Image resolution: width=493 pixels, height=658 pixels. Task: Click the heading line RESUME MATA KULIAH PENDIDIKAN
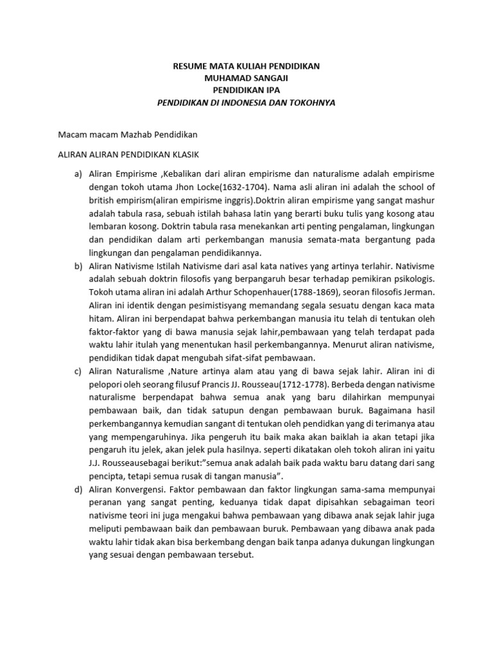(x=247, y=66)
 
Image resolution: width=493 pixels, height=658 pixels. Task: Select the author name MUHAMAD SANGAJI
(x=247, y=78)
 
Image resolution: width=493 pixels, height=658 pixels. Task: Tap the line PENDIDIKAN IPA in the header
(x=247, y=90)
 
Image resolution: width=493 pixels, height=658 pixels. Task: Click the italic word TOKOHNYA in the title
(x=312, y=102)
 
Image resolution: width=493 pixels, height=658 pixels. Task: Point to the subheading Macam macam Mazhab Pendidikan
(x=128, y=134)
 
